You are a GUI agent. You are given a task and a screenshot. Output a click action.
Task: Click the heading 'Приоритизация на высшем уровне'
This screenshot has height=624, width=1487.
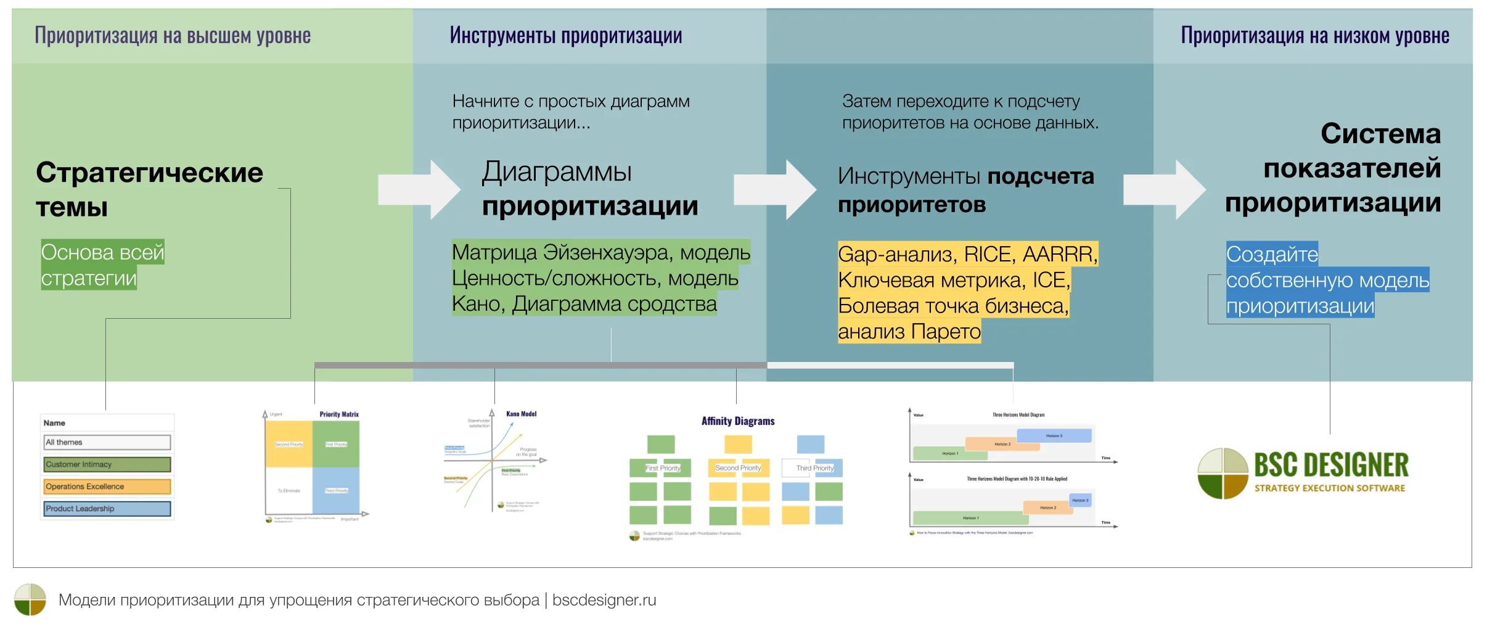point(172,36)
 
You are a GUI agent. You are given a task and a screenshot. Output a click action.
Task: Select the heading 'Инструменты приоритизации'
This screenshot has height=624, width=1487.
point(565,36)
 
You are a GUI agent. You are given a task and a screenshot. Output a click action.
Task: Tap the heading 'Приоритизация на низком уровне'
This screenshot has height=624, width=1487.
point(1314,36)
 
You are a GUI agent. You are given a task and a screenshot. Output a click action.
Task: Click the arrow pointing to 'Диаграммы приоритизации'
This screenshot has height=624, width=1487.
point(419,189)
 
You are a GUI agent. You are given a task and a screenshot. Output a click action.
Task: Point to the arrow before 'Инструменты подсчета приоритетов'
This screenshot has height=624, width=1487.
point(775,189)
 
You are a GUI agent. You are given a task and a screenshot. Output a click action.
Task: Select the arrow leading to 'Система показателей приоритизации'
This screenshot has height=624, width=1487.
point(1164,189)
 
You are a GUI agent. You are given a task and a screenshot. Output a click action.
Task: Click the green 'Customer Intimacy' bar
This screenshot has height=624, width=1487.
point(107,464)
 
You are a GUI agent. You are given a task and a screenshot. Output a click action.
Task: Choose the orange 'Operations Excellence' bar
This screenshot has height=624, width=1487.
point(107,486)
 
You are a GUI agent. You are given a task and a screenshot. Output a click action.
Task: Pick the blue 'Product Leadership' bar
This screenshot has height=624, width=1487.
point(107,509)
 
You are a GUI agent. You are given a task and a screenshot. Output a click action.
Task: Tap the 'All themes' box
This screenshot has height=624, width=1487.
point(107,442)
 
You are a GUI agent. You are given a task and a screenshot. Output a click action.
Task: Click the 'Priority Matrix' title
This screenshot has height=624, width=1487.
point(338,414)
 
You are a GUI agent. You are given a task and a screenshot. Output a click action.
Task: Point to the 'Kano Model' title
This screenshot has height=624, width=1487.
point(521,414)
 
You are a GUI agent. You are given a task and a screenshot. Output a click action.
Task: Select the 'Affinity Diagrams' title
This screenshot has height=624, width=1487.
point(737,421)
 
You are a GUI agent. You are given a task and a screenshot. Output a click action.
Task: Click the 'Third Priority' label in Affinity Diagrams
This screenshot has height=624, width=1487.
point(814,468)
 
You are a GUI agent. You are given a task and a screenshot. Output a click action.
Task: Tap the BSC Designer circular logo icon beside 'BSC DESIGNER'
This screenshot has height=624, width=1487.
point(1223,474)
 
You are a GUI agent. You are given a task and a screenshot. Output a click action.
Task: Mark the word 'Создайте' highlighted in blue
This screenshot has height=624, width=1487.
point(1271,254)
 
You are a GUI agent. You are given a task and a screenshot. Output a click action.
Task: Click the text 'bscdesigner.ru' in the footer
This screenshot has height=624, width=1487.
point(604,600)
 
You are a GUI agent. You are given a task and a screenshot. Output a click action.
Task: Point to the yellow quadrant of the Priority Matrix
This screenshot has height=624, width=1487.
point(289,444)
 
